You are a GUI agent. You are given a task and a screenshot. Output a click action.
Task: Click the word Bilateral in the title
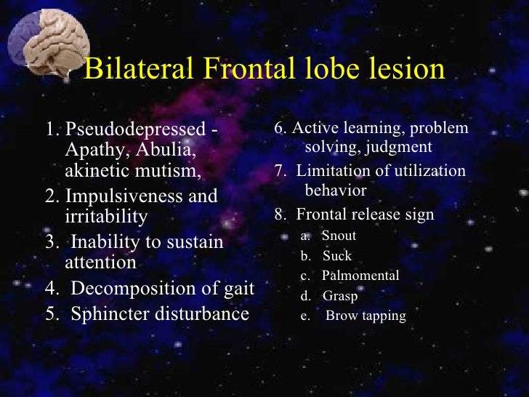136,70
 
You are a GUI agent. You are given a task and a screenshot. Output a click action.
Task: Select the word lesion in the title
405,70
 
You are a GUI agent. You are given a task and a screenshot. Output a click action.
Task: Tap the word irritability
106,216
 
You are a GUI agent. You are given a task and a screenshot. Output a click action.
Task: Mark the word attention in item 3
100,262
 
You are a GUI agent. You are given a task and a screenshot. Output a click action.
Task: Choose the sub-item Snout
339,236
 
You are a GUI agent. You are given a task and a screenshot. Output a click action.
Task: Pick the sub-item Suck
337,256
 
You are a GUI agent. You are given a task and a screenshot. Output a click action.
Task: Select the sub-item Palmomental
360,276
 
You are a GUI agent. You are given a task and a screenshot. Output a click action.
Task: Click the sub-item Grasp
340,296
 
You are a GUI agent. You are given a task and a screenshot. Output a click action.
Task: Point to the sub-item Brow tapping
366,316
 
